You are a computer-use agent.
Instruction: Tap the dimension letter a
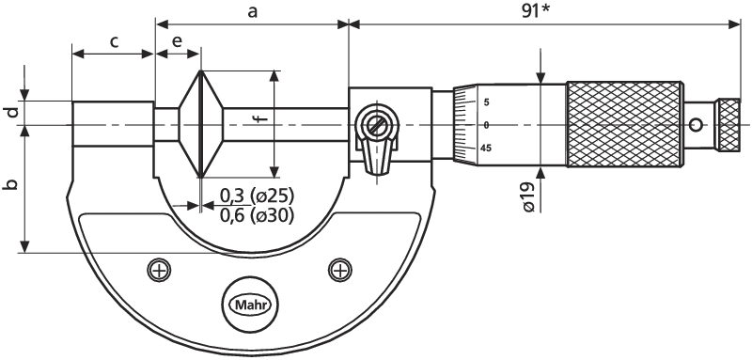(x=252, y=11)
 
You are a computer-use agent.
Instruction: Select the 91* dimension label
(x=537, y=11)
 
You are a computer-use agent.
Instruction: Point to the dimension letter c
(x=114, y=42)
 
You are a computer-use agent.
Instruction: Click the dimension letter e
(x=177, y=41)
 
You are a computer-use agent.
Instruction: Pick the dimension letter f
(x=260, y=117)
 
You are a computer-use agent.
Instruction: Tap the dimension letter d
(x=12, y=113)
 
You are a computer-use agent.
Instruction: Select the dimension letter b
(x=12, y=184)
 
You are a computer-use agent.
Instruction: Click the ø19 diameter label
(x=529, y=198)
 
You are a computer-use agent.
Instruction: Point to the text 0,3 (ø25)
(x=257, y=196)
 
